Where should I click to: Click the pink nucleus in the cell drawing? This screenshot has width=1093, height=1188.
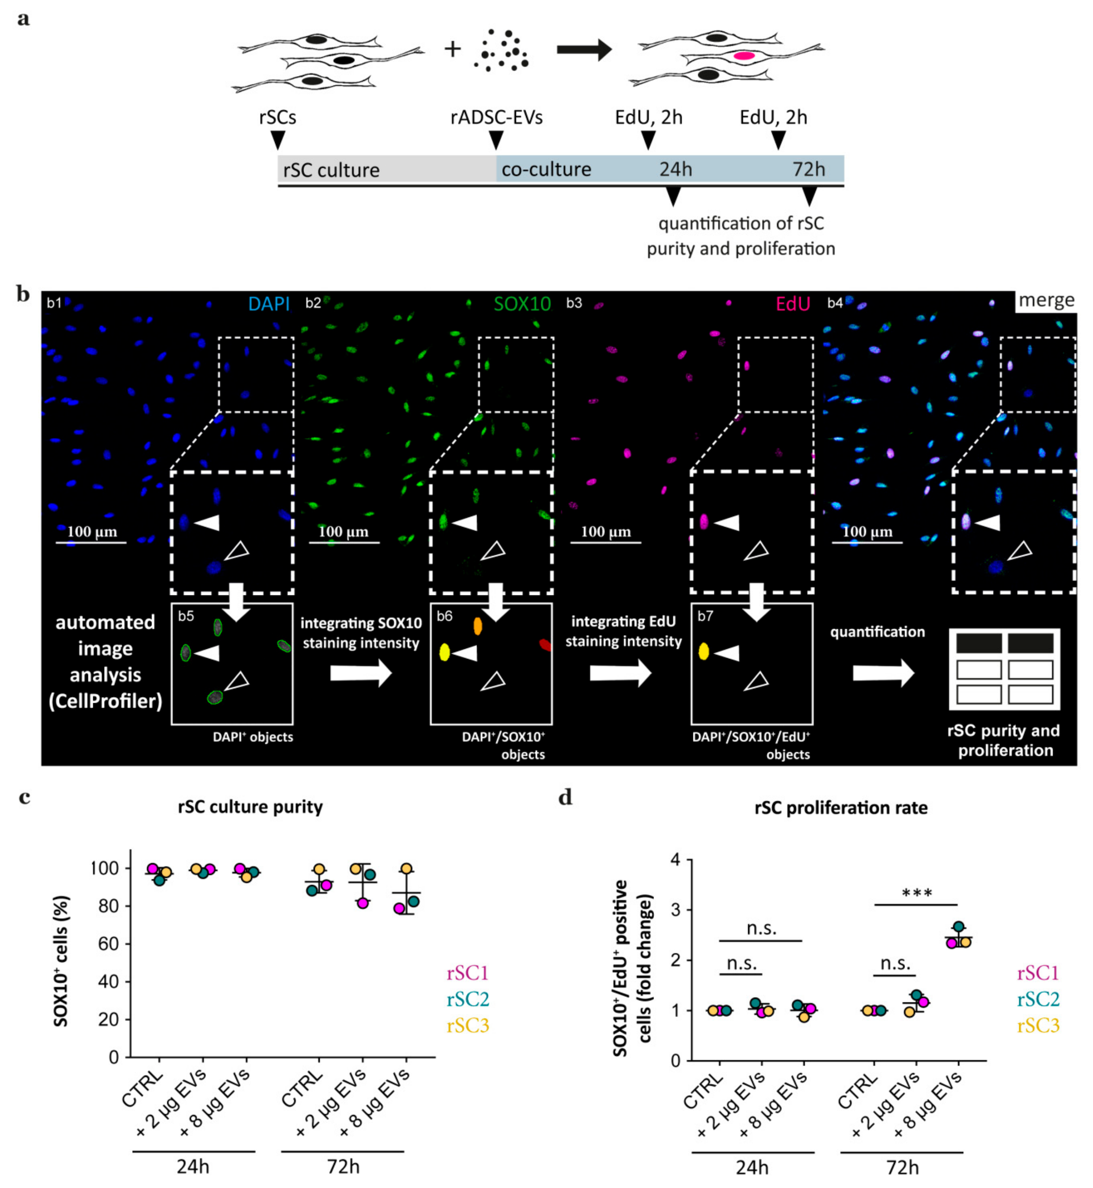point(744,56)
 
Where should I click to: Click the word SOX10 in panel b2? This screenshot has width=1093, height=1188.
point(522,304)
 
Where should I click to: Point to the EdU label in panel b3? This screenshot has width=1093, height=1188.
point(793,304)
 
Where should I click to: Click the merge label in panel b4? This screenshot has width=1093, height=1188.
point(1046,301)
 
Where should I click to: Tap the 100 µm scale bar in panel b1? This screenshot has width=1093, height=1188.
point(91,541)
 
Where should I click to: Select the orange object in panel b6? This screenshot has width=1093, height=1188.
point(477,626)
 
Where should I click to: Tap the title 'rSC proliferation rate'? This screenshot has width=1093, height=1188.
point(841,808)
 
